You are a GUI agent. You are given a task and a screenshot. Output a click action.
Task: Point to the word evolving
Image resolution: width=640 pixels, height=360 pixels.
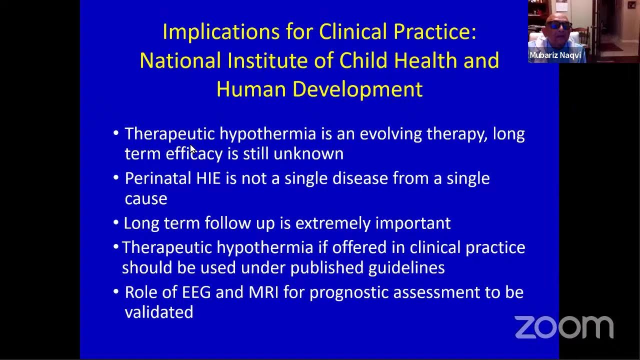(390, 134)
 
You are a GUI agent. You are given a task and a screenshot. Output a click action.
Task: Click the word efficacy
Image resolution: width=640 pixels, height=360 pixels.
(194, 153)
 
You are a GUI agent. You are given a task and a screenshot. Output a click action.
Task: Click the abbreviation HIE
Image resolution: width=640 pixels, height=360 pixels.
(207, 178)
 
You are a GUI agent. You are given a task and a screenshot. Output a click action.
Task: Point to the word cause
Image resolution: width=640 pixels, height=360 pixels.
(146, 198)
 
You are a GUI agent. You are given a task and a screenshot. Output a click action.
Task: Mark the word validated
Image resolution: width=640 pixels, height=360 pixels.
(159, 312)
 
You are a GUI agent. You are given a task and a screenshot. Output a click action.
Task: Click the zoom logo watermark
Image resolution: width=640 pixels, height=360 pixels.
(564, 327)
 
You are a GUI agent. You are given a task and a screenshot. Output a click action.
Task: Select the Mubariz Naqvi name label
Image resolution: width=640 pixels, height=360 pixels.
(555, 55)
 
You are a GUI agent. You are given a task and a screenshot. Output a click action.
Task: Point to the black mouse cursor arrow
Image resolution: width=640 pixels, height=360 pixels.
(192, 148)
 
